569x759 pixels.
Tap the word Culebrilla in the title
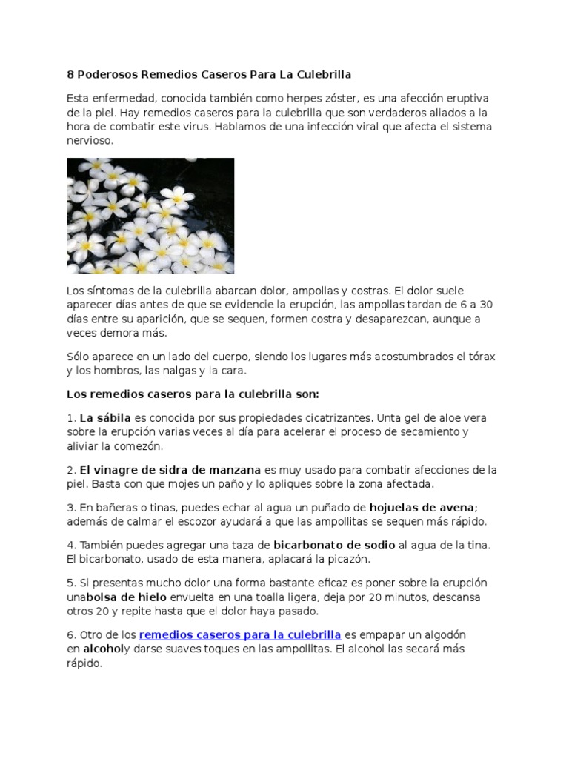coord(321,74)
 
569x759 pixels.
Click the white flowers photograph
coord(150,216)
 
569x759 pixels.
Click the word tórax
coord(479,357)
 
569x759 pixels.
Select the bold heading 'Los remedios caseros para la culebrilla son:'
coord(193,394)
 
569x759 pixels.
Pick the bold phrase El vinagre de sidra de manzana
coord(170,470)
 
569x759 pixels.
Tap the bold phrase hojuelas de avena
coord(422,508)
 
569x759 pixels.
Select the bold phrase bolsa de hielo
coord(127,597)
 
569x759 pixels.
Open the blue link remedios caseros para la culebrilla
coord(240,634)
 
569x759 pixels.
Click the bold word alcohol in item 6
coord(103,649)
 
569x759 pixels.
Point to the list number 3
coord(70,508)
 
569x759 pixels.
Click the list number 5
coord(70,583)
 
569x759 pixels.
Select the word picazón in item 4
coord(343,559)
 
